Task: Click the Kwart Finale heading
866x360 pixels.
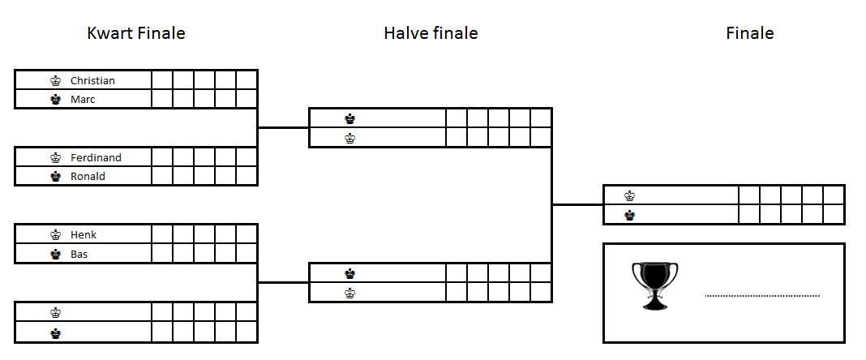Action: click(x=136, y=33)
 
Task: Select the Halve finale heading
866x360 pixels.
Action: click(x=431, y=33)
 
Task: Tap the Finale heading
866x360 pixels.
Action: click(x=749, y=33)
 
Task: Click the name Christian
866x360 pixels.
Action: click(x=92, y=80)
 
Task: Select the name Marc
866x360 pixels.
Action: click(x=83, y=100)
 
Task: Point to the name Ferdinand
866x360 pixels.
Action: click(x=96, y=157)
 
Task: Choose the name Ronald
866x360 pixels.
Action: click(x=88, y=177)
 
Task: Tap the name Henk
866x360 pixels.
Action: click(x=84, y=234)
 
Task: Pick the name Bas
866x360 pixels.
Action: click(x=79, y=254)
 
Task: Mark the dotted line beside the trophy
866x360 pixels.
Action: click(x=762, y=296)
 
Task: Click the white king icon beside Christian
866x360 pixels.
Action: click(x=55, y=80)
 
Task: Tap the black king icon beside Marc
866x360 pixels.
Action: click(x=55, y=100)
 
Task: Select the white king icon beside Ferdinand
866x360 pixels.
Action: click(x=55, y=157)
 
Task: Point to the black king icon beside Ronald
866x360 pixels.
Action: click(x=55, y=177)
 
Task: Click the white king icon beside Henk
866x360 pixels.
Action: click(x=55, y=234)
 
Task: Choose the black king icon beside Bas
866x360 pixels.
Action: click(x=55, y=254)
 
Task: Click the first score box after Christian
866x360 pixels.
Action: click(x=162, y=79)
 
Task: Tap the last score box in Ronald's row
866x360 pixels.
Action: click(x=247, y=176)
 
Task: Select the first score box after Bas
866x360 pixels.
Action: click(x=162, y=253)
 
